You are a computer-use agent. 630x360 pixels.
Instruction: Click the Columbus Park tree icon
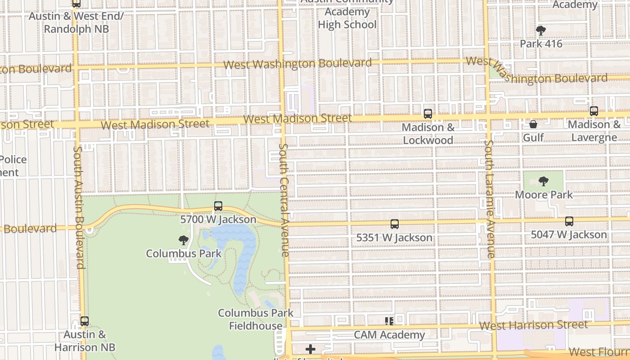[x=183, y=240]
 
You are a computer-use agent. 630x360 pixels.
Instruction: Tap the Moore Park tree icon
[x=543, y=181]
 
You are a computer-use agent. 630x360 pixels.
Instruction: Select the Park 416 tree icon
[x=540, y=31]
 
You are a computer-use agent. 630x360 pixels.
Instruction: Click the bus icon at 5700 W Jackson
[x=218, y=206]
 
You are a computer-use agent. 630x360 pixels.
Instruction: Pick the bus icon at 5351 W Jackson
[x=395, y=224]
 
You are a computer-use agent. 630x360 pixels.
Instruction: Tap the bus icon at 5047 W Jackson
[x=569, y=221]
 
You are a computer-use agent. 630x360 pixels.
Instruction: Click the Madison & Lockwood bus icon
[x=428, y=114]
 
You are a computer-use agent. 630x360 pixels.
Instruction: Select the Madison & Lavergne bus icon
[x=594, y=111]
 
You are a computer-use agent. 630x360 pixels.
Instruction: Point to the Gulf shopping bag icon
[x=533, y=124]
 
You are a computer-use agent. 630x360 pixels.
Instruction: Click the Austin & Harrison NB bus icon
[x=84, y=321]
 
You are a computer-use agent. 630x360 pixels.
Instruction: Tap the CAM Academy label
[x=389, y=335]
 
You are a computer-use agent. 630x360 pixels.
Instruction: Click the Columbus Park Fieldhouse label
[x=256, y=319]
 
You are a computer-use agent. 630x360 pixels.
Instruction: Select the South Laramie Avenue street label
[x=490, y=199]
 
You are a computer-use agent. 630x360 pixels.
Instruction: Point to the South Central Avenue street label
[x=284, y=200]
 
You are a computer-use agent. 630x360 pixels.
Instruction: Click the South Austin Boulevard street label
[x=79, y=207]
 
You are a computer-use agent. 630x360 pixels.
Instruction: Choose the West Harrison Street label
[x=534, y=325]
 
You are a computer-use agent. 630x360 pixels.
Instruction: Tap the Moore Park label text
[x=544, y=195]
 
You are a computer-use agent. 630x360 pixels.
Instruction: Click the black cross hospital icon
[x=310, y=349]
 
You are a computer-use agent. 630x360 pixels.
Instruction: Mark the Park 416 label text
[x=541, y=44]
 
